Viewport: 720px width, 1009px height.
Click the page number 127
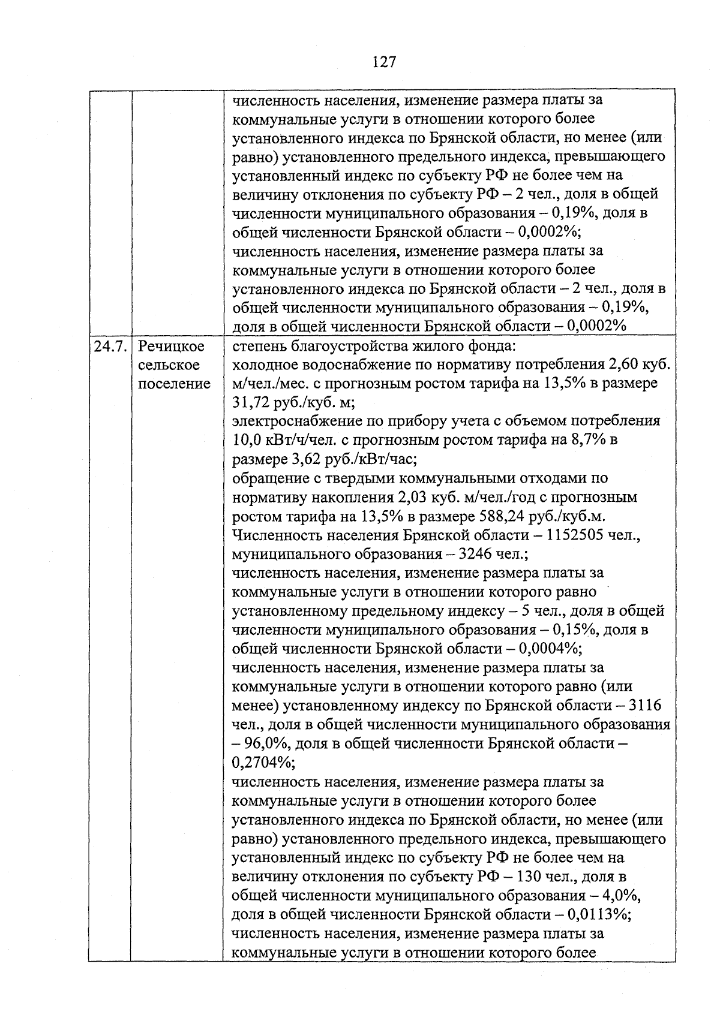click(x=384, y=62)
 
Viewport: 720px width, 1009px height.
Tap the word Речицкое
click(x=171, y=347)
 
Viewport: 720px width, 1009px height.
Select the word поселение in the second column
click(x=174, y=384)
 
